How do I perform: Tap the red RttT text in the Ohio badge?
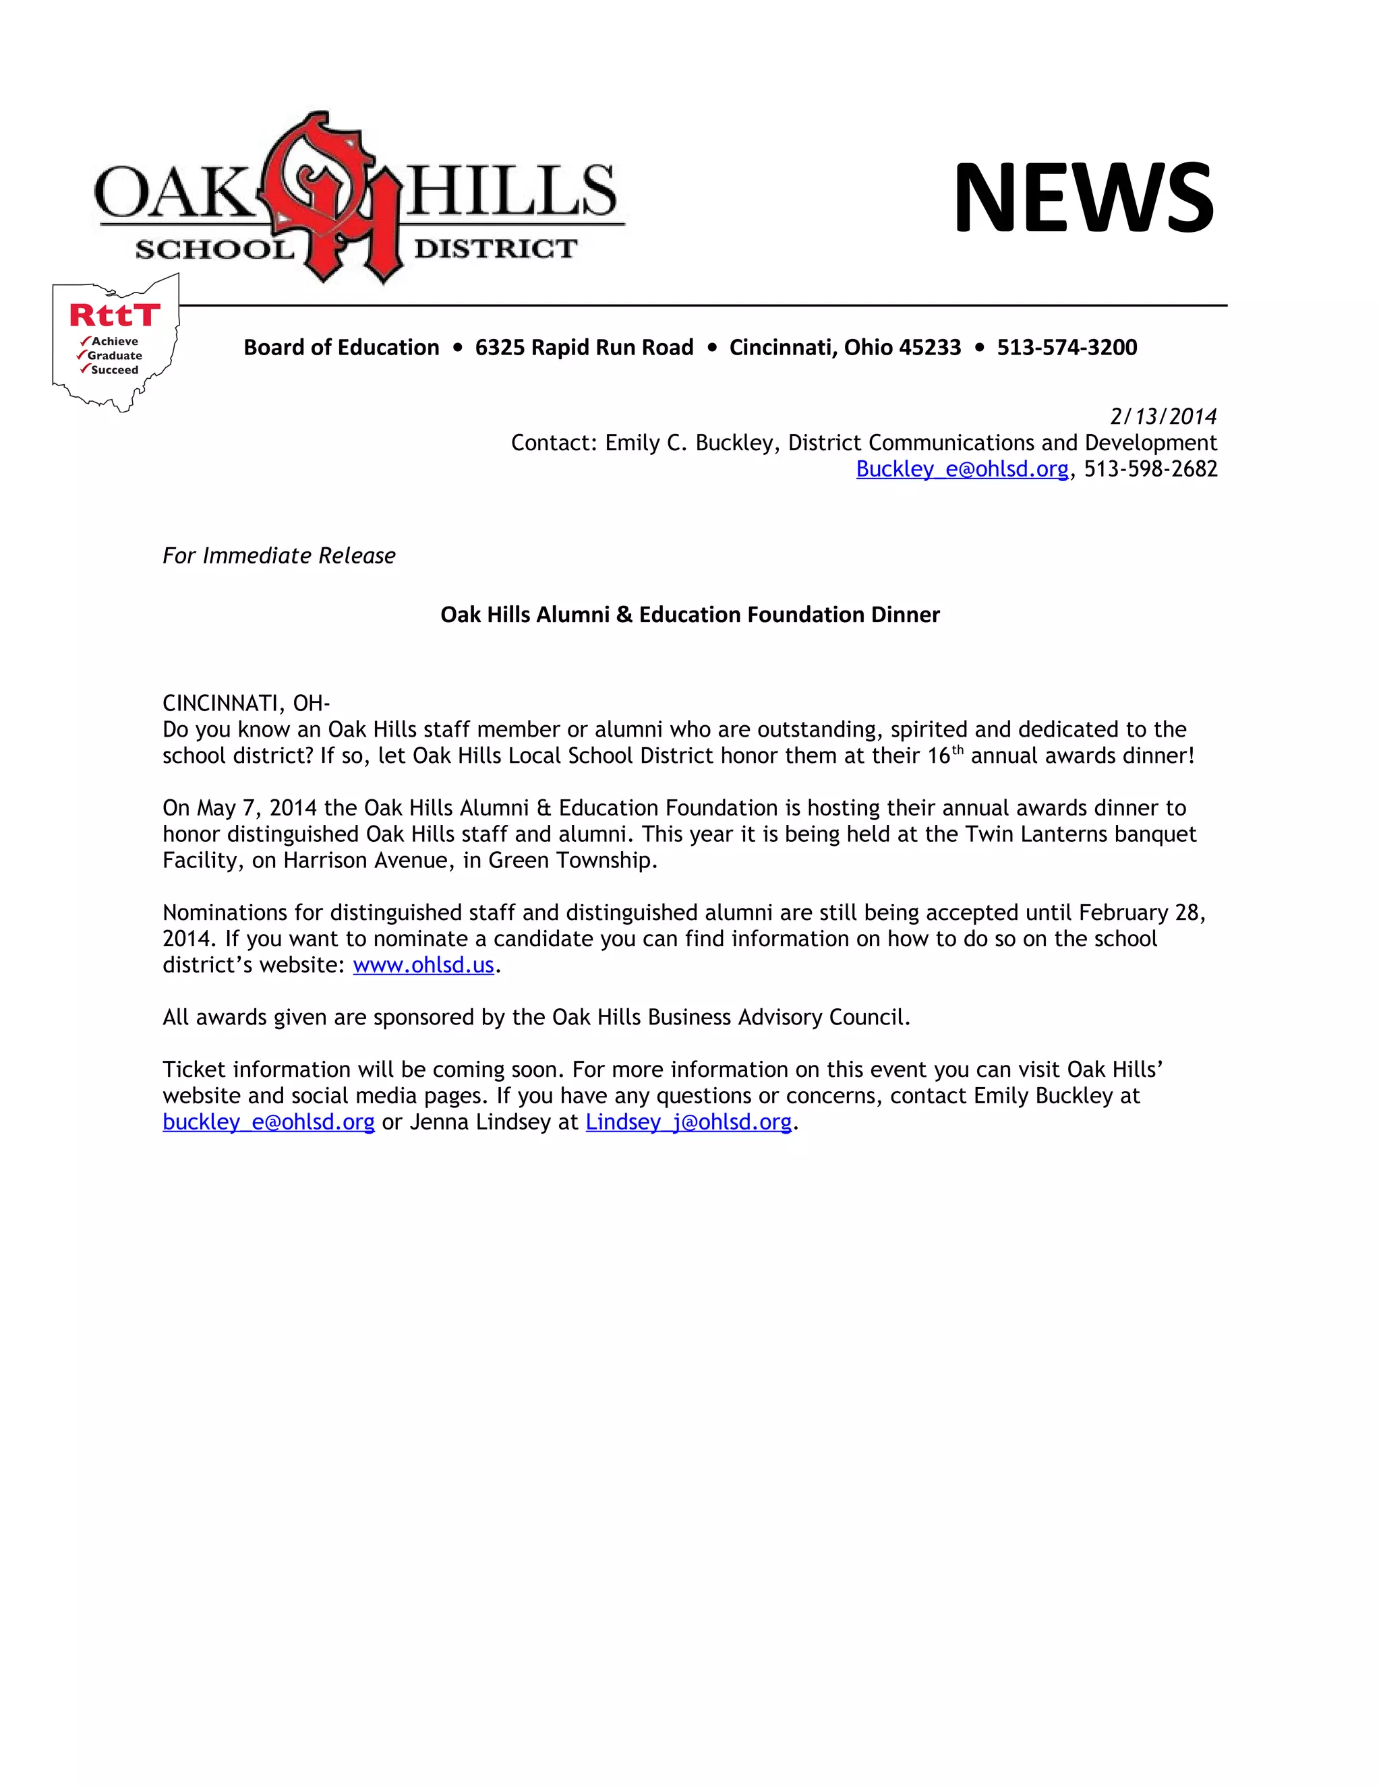click(x=115, y=315)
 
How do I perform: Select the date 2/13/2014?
click(x=1163, y=417)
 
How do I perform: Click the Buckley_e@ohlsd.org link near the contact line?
click(x=962, y=468)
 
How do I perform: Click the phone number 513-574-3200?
click(x=1067, y=348)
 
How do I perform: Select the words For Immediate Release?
click(x=279, y=555)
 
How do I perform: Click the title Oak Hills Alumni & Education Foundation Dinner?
click(x=690, y=614)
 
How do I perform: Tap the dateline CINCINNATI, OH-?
click(x=246, y=703)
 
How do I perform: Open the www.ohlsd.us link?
click(x=423, y=965)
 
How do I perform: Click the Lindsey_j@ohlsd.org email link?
click(x=689, y=1122)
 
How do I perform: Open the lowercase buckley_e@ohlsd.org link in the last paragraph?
click(x=268, y=1122)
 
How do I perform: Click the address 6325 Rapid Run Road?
click(x=584, y=348)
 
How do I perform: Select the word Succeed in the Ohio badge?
click(x=115, y=369)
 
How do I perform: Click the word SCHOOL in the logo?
click(x=214, y=249)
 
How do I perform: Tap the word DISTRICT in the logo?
click(x=496, y=249)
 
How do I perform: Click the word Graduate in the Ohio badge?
click(x=115, y=356)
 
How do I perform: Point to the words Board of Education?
click(x=341, y=348)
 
